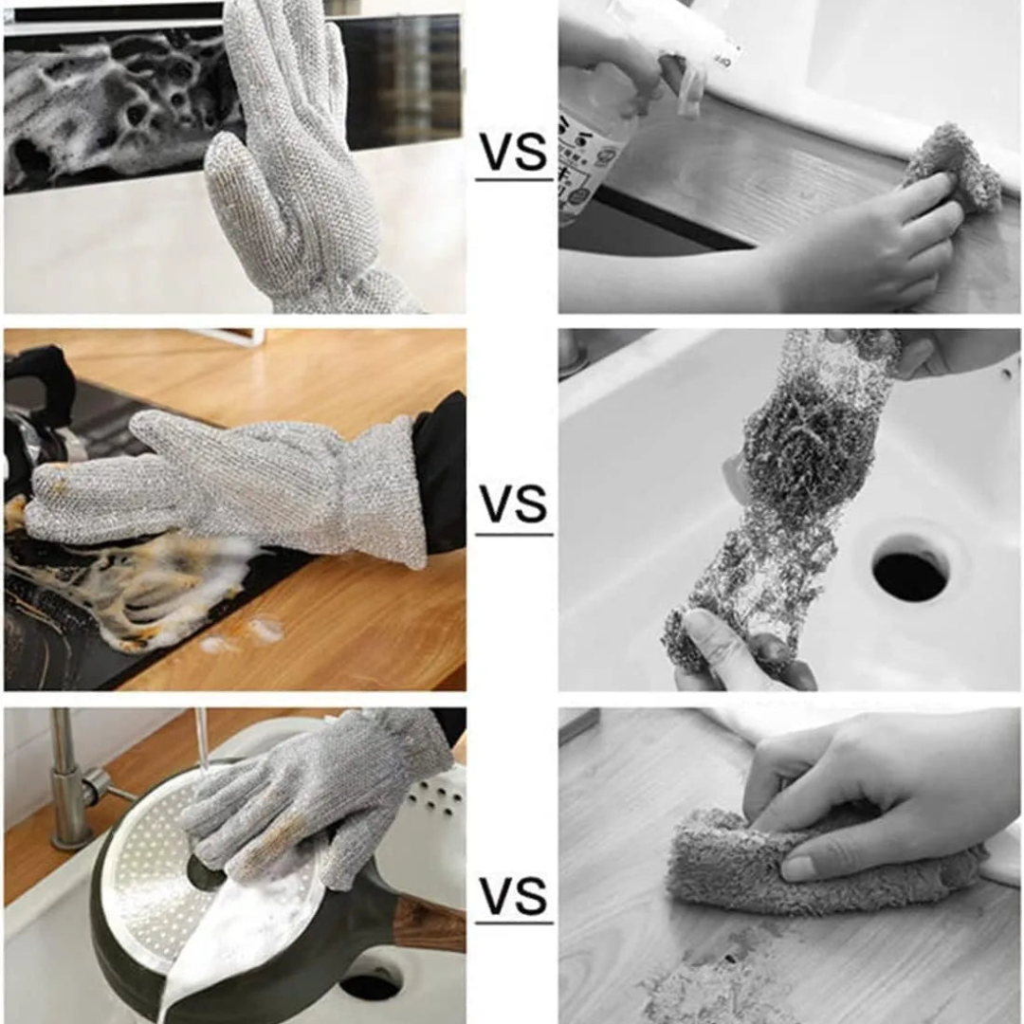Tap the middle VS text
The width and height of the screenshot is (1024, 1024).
click(513, 504)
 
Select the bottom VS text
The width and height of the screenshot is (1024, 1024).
click(513, 896)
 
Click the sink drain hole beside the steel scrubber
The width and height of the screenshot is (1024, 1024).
click(910, 570)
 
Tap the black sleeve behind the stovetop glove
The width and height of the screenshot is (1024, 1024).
click(440, 474)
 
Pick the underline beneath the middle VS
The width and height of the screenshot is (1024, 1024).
click(513, 534)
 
